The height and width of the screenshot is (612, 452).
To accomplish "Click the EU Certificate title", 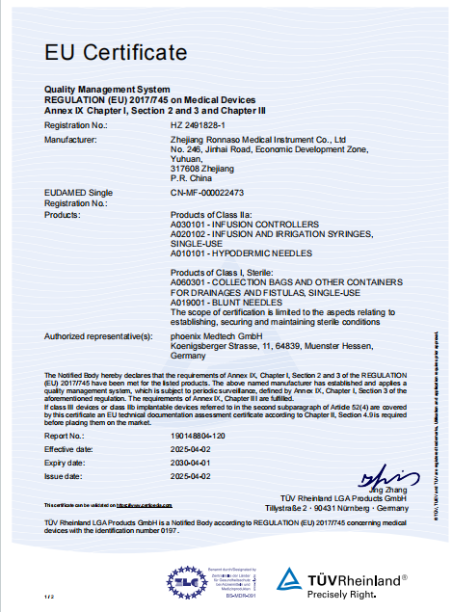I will coord(116,51).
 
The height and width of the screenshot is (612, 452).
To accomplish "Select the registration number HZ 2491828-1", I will coord(198,126).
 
